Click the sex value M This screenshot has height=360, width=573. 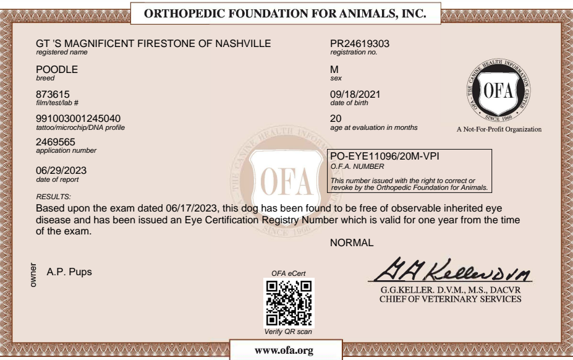point(335,71)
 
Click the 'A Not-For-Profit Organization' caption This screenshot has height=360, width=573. point(498,130)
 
